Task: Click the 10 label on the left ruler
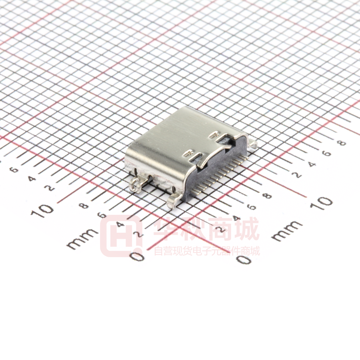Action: tap(42, 210)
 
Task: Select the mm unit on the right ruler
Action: tap(287, 230)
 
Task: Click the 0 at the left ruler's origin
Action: tap(137, 256)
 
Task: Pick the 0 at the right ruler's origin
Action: tap(244, 260)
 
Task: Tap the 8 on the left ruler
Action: tap(84, 206)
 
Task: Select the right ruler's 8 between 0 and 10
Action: tap(267, 196)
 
